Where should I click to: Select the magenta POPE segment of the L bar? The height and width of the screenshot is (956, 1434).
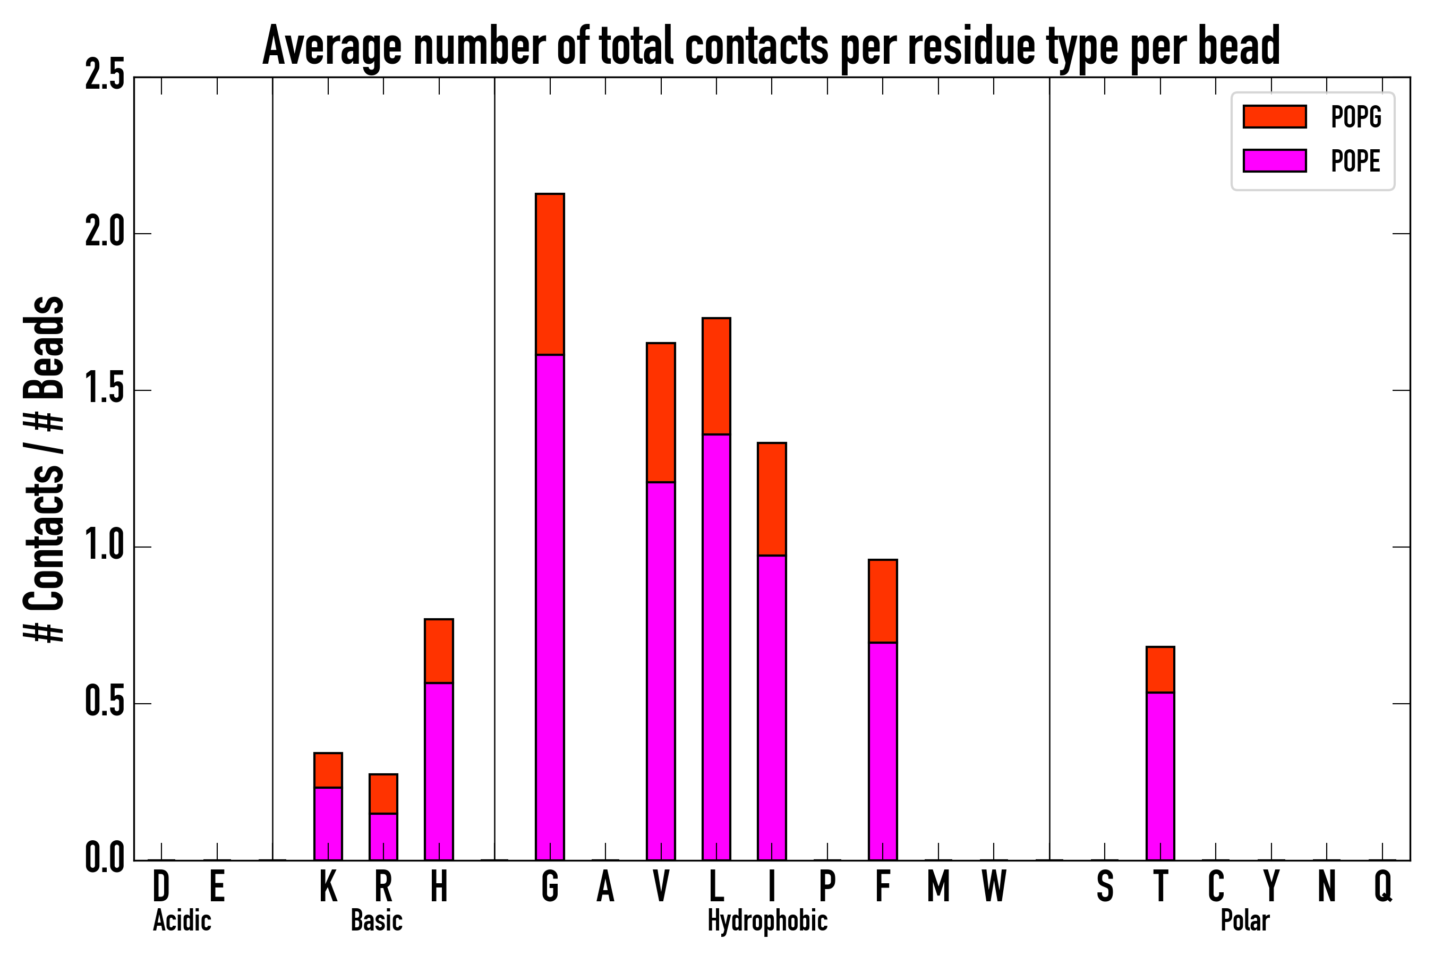[x=716, y=646]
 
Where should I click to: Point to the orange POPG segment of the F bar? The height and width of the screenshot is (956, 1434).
[x=882, y=601]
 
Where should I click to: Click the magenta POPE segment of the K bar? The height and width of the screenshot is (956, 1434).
[x=328, y=823]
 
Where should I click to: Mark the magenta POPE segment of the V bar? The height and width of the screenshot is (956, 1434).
[x=660, y=671]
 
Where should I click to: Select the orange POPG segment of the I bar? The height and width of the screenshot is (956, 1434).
[x=771, y=499]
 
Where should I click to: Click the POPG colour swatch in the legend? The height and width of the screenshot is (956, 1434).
[x=1274, y=116]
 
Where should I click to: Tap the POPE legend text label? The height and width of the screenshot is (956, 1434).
[x=1355, y=161]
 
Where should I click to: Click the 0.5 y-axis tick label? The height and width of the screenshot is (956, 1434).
[x=105, y=703]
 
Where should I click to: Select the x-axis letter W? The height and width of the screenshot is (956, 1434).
[x=993, y=886]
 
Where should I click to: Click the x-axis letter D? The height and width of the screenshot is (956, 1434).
[x=161, y=886]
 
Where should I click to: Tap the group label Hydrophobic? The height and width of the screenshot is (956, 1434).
[x=767, y=920]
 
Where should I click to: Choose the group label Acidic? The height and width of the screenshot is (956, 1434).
[x=182, y=920]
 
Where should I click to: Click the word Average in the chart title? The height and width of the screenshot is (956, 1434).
[x=332, y=46]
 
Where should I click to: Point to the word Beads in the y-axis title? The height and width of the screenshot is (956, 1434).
[x=45, y=347]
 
